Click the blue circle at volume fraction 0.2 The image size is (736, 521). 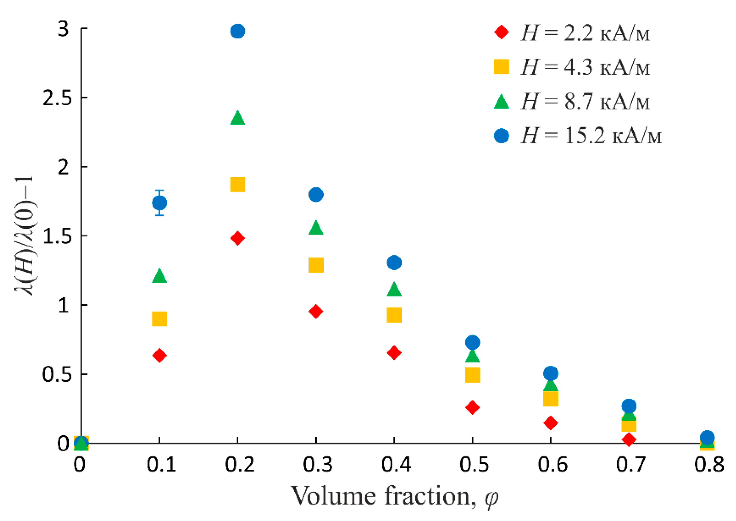point(238,31)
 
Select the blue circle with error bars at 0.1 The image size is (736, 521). point(159,203)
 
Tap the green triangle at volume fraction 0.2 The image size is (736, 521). point(238,118)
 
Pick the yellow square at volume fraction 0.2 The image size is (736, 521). point(238,184)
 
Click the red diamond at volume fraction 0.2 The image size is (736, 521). point(238,238)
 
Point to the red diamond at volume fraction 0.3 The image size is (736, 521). point(316,312)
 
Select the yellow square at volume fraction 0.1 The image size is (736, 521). point(159,319)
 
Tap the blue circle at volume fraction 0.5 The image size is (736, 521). point(472,342)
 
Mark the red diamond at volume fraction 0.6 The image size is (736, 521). point(551,423)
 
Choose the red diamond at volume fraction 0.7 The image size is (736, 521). point(629,439)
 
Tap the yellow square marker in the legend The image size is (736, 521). point(501,67)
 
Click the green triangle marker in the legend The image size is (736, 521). point(501,102)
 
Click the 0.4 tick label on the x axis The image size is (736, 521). point(395,464)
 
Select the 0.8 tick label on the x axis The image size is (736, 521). point(709,464)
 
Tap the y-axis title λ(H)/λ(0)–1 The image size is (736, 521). point(25,236)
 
